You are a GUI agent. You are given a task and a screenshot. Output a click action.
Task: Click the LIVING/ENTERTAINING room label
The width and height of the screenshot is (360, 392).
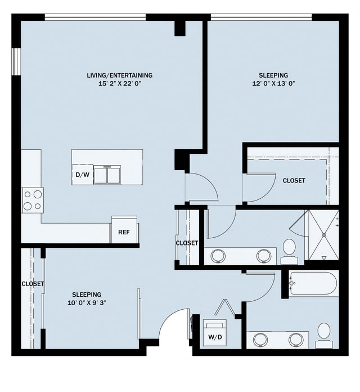click(x=119, y=75)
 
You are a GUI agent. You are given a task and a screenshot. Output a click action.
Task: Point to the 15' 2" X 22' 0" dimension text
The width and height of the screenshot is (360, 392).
click(x=119, y=83)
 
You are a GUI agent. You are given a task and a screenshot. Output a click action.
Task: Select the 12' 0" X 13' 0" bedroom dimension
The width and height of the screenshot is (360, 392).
click(x=273, y=83)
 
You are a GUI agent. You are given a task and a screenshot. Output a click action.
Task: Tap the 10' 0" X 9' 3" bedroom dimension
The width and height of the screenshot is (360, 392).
click(x=87, y=302)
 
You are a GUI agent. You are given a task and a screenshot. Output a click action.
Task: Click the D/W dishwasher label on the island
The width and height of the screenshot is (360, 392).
click(x=82, y=175)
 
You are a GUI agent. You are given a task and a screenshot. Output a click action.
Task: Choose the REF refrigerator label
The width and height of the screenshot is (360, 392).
click(x=124, y=232)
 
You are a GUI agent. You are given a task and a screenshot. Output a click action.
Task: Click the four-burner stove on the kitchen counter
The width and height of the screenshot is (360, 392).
click(x=33, y=200)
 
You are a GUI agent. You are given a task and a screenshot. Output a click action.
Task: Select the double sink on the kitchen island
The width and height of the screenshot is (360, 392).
click(x=107, y=175)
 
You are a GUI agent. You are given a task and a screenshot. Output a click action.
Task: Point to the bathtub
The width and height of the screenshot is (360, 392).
click(x=313, y=283)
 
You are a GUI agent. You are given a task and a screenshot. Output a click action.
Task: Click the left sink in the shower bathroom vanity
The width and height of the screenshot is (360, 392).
click(x=218, y=256)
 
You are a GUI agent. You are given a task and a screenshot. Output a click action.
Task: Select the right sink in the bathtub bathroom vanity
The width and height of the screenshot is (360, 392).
click(x=296, y=340)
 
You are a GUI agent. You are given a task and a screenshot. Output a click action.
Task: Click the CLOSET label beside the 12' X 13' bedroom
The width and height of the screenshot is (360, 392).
click(x=294, y=181)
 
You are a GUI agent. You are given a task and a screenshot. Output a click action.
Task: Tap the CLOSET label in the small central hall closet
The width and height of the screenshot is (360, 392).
click(x=187, y=243)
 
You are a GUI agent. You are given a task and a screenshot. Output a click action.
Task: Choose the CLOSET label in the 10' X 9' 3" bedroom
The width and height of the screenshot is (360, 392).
click(x=33, y=284)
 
